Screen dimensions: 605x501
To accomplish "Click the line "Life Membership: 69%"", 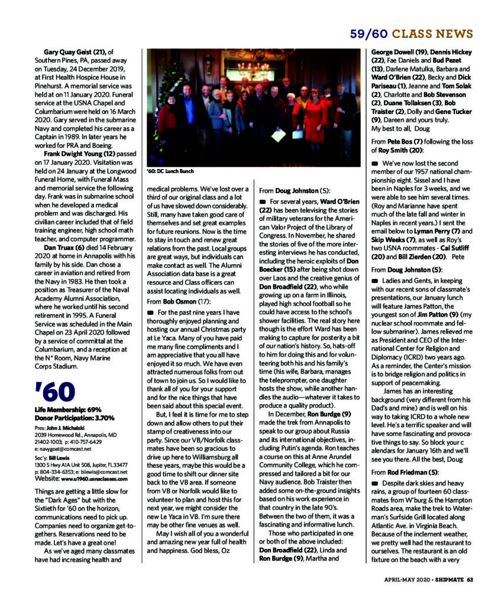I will (x=69, y=409).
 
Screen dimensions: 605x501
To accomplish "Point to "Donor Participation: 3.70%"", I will (x=74, y=417).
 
